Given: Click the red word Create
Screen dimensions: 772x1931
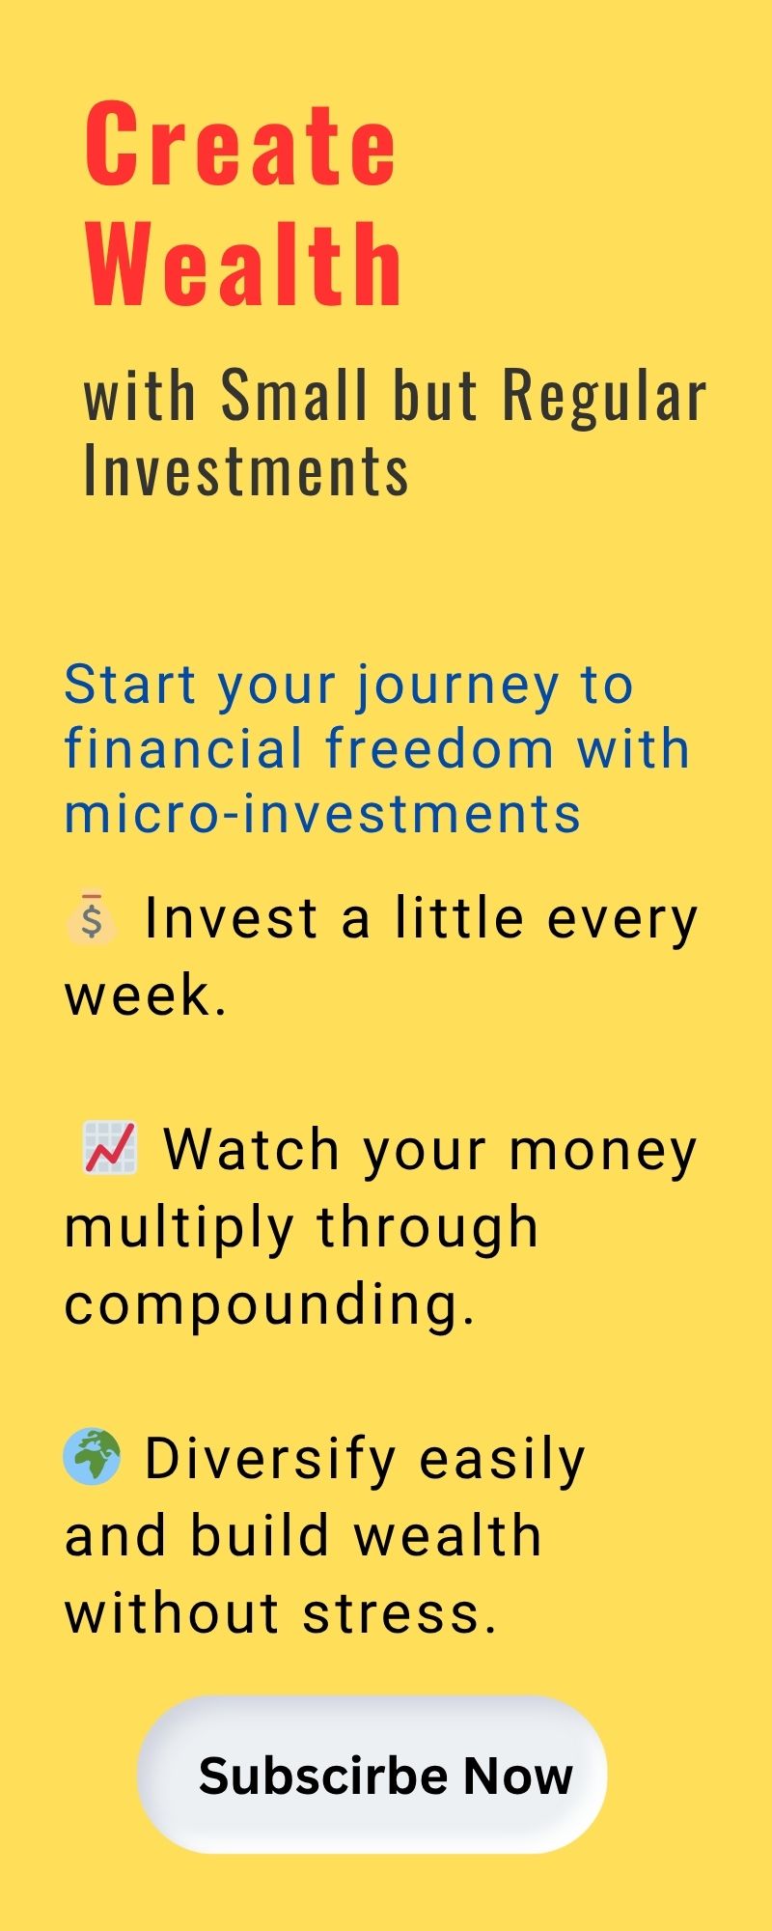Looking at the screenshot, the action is point(240,144).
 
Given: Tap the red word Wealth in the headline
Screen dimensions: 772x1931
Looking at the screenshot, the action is point(243,264).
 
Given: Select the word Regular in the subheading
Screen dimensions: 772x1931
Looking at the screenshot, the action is point(604,395).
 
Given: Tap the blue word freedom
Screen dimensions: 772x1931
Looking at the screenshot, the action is point(440,748).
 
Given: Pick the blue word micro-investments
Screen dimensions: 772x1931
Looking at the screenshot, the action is point(323,813).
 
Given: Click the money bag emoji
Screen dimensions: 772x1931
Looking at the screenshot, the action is point(92,917).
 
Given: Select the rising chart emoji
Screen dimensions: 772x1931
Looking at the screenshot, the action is point(109,1148).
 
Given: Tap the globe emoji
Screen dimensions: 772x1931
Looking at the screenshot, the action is point(92,1457).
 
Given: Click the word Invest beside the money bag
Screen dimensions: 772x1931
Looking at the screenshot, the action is point(232,918).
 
